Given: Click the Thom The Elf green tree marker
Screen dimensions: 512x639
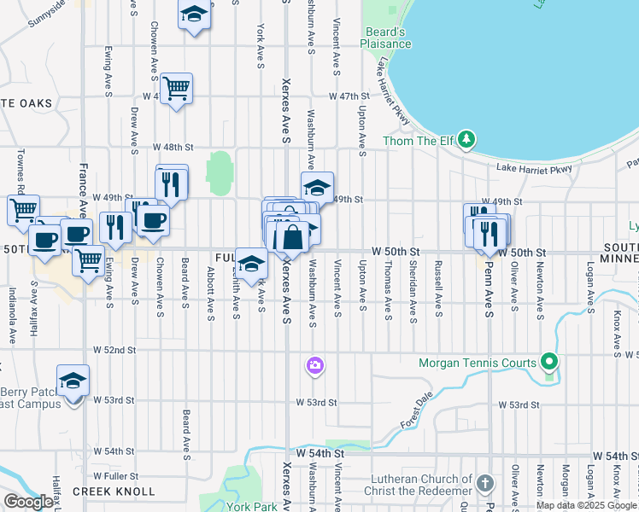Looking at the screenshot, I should coord(466,138).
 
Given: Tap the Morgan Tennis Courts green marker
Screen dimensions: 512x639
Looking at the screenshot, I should coord(550,363).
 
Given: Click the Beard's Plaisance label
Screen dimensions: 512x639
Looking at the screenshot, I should coord(385,38).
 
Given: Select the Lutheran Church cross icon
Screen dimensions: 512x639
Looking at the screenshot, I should coord(484,483).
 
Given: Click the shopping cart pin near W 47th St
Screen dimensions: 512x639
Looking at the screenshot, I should coord(176,87).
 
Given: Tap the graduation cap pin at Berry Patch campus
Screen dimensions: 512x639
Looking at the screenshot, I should coord(73,380).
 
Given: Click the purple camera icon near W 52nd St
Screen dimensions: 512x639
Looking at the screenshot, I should coord(314,366).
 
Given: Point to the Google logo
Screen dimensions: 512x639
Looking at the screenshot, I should coord(27,502).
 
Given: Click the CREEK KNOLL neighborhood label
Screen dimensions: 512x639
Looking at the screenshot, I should coord(114,492).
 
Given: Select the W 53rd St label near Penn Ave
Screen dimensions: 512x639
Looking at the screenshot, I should coord(519,404).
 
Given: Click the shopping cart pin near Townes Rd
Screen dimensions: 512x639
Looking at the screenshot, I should coord(23,209).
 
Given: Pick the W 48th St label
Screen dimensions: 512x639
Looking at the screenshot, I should coord(169,147).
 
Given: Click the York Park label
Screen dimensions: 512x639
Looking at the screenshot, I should coord(252,505).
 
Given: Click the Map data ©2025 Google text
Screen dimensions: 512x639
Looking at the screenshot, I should coord(586,505).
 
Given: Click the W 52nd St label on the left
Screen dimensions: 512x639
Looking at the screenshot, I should coord(114,350).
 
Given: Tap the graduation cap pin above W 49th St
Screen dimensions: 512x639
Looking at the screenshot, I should coord(317,187).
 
